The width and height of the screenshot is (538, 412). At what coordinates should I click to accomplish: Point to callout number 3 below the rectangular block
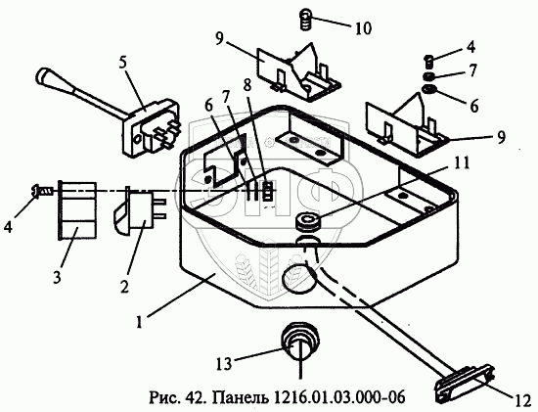coord(57,276)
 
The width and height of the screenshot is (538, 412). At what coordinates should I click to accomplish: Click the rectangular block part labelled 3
coord(77,210)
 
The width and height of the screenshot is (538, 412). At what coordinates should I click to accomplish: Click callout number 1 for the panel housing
coord(139,322)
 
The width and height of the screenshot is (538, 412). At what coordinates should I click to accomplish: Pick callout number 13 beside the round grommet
coord(224,364)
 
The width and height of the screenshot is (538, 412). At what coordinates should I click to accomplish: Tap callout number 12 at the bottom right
coord(523,401)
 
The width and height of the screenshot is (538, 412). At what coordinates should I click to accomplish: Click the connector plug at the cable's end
coord(465,385)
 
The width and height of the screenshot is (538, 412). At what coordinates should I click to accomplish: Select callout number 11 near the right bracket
coord(461,163)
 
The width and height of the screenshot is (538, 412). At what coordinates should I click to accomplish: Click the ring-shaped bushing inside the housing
coord(308,221)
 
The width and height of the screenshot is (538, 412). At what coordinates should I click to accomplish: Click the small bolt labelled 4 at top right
coord(428,61)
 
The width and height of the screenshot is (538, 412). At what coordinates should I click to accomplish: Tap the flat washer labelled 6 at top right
coord(428,89)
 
